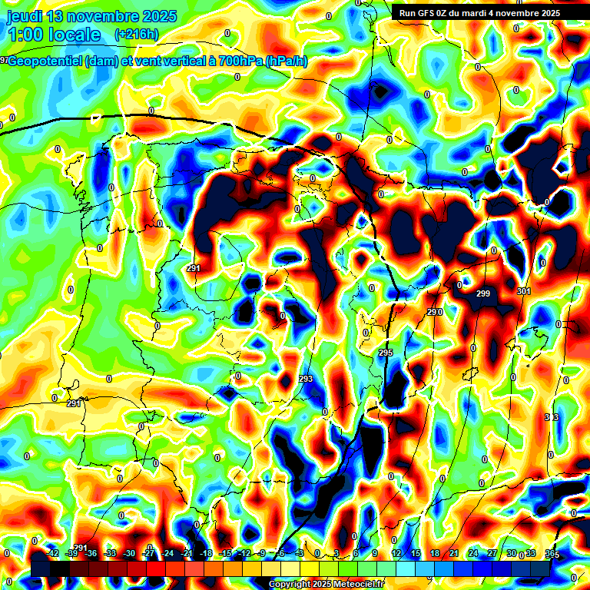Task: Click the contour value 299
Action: click(483, 294)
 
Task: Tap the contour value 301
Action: click(524, 291)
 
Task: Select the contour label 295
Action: click(386, 353)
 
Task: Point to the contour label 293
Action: click(306, 380)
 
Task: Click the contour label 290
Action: click(435, 312)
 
